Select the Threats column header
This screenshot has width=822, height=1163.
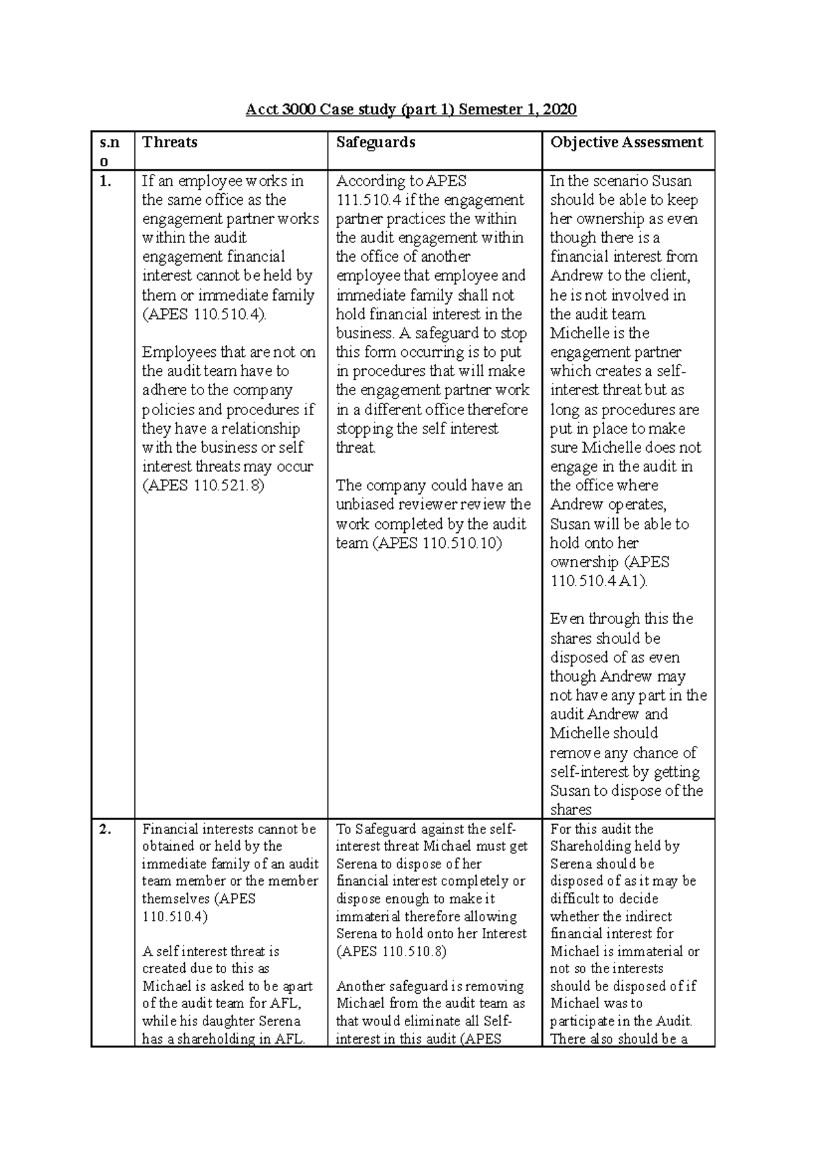pyautogui.click(x=170, y=142)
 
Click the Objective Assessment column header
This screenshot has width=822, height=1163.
pyautogui.click(x=626, y=142)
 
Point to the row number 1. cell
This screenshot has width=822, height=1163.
pyautogui.click(x=105, y=182)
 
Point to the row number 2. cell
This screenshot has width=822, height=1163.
pyautogui.click(x=105, y=829)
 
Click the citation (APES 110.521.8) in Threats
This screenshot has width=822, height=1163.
pyautogui.click(x=203, y=486)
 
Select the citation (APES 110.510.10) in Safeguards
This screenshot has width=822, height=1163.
pyautogui.click(x=419, y=543)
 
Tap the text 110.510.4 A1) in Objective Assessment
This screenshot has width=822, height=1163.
pyautogui.click(x=597, y=581)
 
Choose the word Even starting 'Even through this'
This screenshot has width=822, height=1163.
pyautogui.click(x=566, y=619)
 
